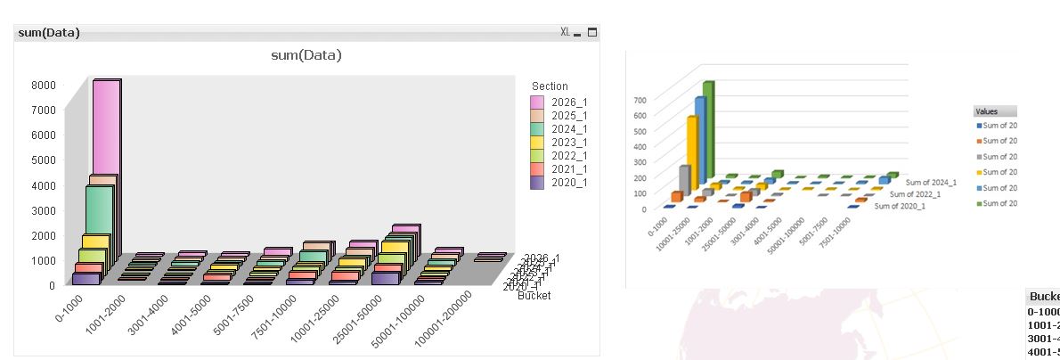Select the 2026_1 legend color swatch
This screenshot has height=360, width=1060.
[537, 102]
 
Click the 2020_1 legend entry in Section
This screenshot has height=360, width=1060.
[569, 183]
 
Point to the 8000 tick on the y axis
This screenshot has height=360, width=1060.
[45, 86]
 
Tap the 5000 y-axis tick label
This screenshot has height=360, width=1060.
[45, 160]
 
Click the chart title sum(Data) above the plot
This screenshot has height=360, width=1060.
[306, 55]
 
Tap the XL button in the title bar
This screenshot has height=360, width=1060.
[565, 32]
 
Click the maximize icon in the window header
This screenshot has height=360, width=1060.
[592, 32]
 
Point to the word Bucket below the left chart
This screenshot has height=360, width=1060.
[534, 295]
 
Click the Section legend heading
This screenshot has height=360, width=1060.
[550, 86]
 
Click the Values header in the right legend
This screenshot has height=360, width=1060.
[987, 112]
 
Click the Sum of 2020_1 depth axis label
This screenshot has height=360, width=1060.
[899, 206]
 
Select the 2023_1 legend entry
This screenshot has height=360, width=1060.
[569, 143]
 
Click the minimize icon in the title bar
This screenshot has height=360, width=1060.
[577, 33]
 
